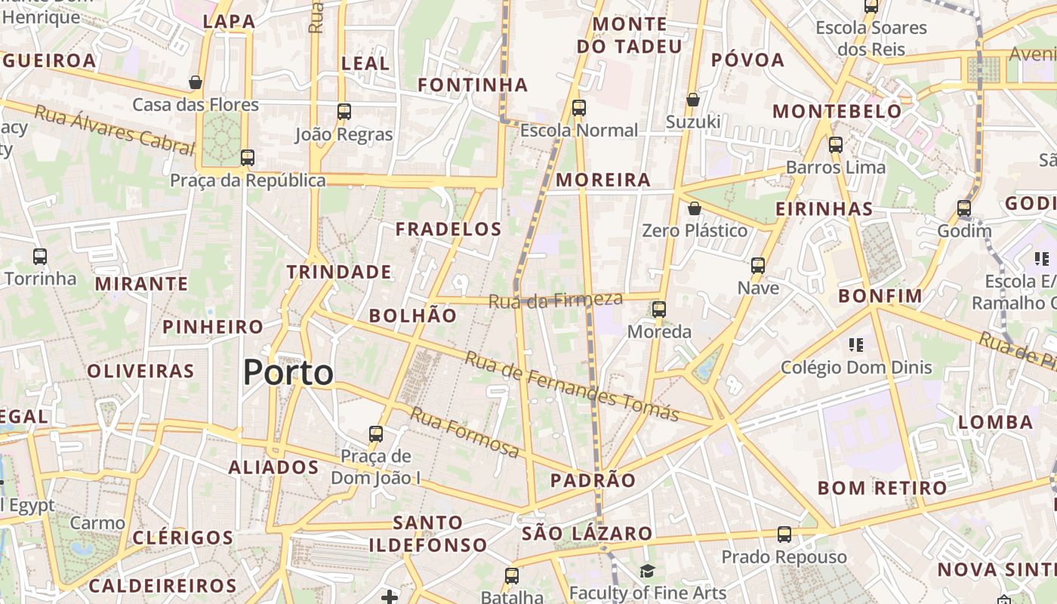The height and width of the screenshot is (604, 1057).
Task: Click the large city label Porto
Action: (288, 373)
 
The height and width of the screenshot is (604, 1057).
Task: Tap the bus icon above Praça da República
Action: (248, 158)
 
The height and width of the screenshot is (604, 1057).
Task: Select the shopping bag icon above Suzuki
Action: (692, 100)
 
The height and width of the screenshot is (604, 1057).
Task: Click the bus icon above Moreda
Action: (659, 309)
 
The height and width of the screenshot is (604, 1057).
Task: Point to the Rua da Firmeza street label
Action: (556, 300)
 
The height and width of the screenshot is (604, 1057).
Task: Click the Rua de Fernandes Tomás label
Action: (572, 386)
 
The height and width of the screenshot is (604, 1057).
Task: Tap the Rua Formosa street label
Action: (464, 432)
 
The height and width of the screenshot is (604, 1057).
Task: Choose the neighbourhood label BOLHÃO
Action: (413, 316)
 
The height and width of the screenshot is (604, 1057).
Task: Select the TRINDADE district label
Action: (339, 272)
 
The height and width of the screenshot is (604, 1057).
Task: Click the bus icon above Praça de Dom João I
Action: (376, 434)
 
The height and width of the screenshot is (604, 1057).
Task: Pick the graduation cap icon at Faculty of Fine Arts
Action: (646, 572)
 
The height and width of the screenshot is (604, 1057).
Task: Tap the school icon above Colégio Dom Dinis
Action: (856, 345)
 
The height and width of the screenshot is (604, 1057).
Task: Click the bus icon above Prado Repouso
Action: (784, 535)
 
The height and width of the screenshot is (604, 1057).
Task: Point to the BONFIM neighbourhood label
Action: (880, 296)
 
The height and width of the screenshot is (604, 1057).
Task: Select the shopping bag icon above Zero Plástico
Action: (694, 208)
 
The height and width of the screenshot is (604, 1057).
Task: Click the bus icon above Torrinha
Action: (40, 257)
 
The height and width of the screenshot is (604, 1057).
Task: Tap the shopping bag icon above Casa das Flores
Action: (196, 82)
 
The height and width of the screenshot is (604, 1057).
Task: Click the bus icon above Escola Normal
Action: (579, 108)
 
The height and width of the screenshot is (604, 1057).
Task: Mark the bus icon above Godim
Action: (964, 208)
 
